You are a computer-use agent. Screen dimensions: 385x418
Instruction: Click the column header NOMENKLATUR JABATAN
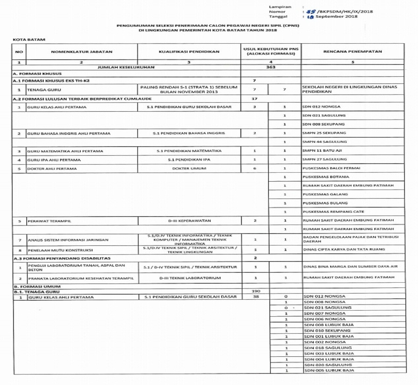point(82,52)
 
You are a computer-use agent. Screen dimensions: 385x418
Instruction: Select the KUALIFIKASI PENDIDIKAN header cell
point(189,52)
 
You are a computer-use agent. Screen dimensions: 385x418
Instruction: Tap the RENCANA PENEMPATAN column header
point(352,51)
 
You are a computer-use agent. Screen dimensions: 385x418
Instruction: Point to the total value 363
point(271,67)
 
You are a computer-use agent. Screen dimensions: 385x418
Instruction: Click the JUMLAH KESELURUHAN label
point(126,67)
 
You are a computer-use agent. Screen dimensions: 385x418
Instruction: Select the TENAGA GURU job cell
point(44,90)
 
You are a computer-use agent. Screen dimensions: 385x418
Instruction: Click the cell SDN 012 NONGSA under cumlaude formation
point(321,107)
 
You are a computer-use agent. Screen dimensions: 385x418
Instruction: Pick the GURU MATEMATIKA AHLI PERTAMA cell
point(65,151)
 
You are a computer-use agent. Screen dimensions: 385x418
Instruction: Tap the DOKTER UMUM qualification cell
point(189,168)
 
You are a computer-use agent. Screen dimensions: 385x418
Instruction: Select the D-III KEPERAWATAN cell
point(189,221)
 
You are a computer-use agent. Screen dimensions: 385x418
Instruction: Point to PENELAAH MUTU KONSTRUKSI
point(60,250)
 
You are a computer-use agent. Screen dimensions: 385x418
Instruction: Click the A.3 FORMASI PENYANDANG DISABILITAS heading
point(62,258)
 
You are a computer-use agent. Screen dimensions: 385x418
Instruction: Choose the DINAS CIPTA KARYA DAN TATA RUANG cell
point(344,249)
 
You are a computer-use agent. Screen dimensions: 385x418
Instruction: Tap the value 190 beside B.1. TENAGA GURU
point(256,291)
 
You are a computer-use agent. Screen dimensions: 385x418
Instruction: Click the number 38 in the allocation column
point(256,297)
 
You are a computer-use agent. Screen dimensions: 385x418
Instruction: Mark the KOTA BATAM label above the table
point(29,40)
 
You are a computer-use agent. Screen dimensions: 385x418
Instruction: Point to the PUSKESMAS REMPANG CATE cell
point(333,212)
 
